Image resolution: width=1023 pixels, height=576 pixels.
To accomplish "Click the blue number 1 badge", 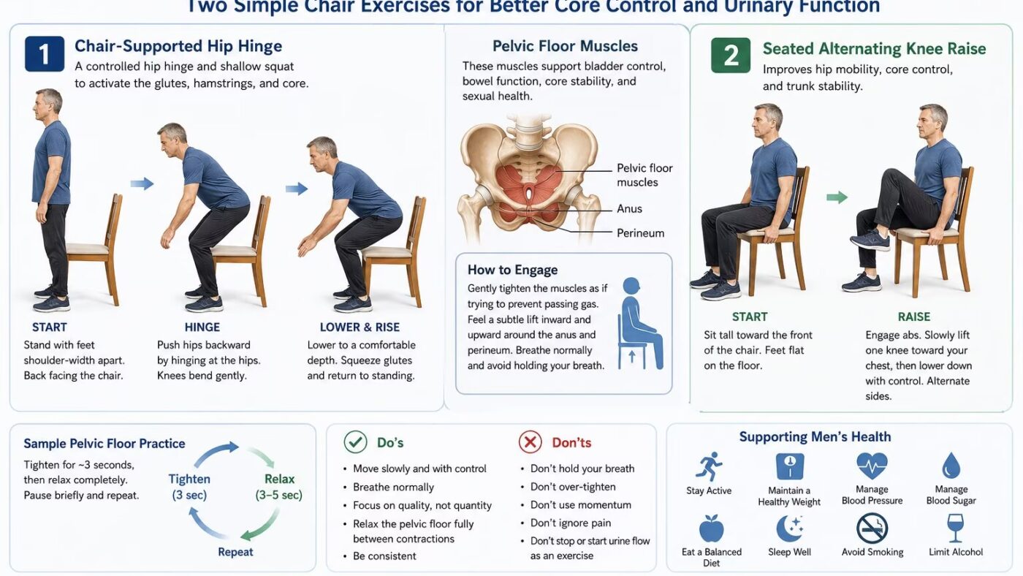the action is [45, 54].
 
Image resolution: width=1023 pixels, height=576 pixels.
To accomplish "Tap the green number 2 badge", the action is [731, 56].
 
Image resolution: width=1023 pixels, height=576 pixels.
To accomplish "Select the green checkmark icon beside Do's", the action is [355, 442].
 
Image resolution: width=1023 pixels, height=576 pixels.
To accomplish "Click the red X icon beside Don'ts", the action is [530, 442].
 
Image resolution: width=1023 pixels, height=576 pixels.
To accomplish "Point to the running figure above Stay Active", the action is [709, 466].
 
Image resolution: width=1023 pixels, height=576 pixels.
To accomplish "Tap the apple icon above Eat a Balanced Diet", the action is [712, 528].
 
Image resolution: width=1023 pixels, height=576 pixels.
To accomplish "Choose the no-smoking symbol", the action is [872, 528].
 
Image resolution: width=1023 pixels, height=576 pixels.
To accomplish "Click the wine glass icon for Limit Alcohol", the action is [956, 528].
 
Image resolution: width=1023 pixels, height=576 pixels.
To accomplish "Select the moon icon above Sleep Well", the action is [789, 528].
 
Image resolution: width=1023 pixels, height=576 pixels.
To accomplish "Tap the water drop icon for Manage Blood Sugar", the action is [951, 466].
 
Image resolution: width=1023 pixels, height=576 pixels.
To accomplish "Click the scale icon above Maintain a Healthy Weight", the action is [790, 466].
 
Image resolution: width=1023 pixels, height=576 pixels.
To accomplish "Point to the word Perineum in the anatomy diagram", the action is [640, 233].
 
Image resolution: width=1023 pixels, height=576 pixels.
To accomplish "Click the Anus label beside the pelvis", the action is [629, 209].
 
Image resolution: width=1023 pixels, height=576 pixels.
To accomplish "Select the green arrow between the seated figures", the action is [837, 197].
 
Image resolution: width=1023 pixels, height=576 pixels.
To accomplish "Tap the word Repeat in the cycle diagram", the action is [235, 552].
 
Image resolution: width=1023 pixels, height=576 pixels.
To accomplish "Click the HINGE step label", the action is [202, 327].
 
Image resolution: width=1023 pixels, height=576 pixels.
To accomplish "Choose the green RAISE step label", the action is [914, 317].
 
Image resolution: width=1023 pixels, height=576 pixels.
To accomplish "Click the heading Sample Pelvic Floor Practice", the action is [104, 444].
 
